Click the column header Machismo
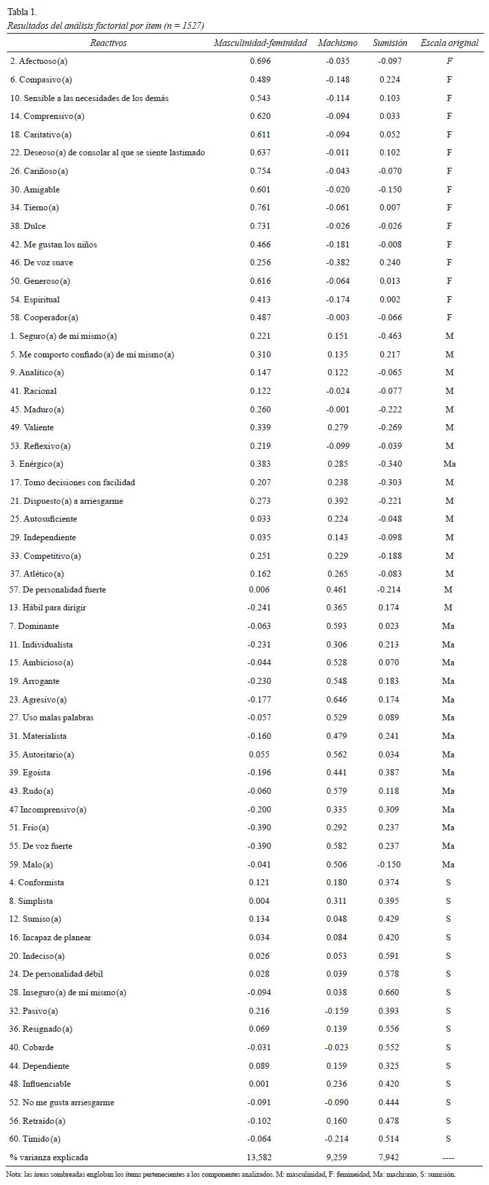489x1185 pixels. [337, 43]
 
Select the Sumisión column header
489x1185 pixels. [389, 43]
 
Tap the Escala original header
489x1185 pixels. [449, 43]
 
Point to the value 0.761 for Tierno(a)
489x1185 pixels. [260, 208]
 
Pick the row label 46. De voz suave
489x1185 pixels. [41, 263]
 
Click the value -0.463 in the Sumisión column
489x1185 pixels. [389, 336]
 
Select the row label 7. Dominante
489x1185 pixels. [34, 626]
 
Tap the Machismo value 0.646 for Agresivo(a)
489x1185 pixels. [337, 700]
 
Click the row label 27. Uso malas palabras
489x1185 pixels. [52, 718]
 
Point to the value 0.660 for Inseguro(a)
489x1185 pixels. [389, 993]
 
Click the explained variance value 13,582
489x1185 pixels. [260, 1158]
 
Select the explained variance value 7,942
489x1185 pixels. [389, 1158]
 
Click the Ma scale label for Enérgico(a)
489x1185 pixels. [449, 464]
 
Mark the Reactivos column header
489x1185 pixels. [108, 43]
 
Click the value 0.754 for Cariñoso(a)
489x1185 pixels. [260, 171]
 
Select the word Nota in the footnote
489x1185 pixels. [13, 1175]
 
